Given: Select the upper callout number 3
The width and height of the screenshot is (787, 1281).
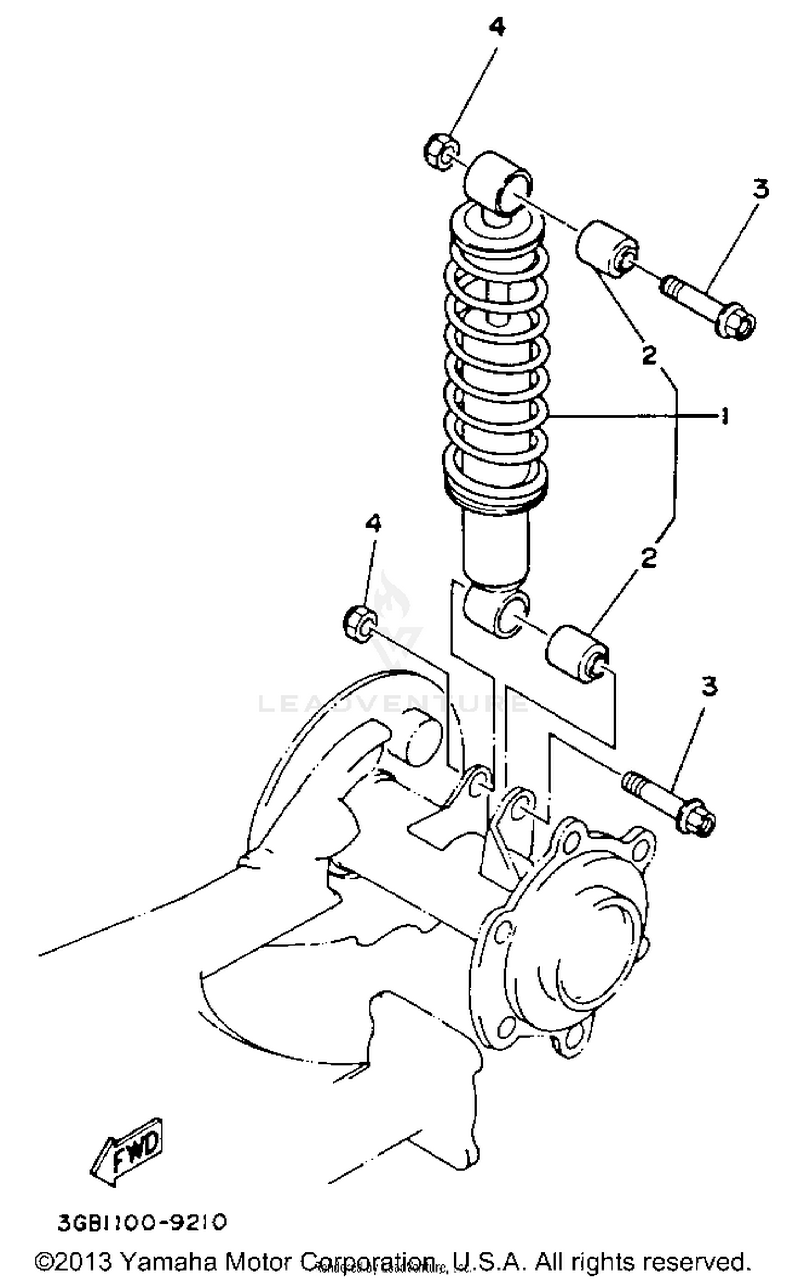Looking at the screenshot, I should [760, 189].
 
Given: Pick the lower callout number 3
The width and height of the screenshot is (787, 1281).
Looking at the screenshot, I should [709, 686].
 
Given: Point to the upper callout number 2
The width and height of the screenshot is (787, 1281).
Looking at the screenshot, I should [649, 356].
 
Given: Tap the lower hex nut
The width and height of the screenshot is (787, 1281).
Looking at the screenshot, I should [359, 622].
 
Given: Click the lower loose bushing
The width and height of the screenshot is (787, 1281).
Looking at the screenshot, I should [577, 653].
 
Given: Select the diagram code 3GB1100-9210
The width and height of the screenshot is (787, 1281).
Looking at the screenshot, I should [142, 1222].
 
